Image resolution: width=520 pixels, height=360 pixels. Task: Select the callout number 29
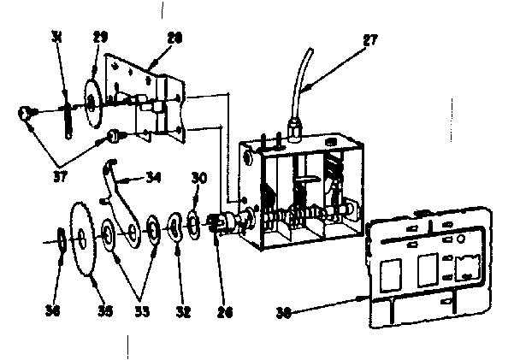[x=100, y=37]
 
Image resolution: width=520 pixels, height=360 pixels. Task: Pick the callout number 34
[x=153, y=179]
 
